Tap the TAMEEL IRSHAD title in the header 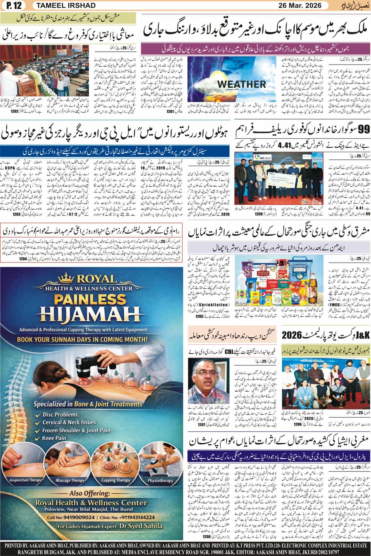pos(58,5)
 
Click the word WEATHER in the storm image pos(241,84)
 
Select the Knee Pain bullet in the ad pos(54,438)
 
